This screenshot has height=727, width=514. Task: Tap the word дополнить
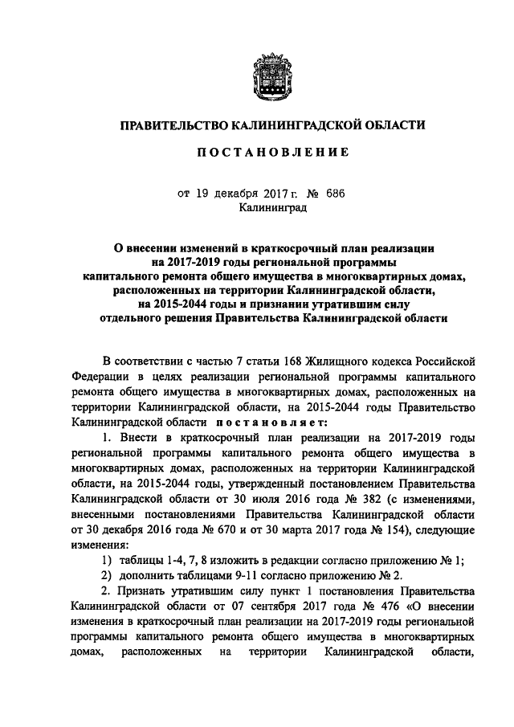pyautogui.click(x=144, y=578)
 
